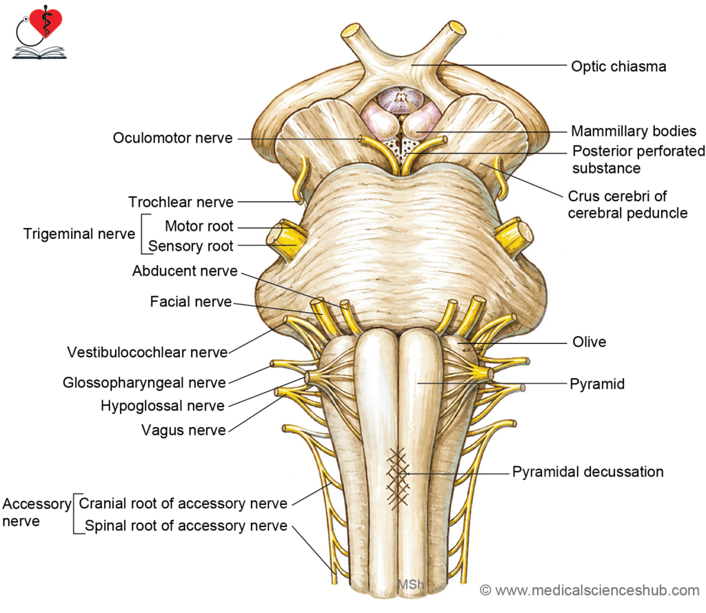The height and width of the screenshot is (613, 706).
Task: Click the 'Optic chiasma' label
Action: (618, 67)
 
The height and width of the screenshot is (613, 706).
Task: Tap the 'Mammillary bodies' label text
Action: (634, 132)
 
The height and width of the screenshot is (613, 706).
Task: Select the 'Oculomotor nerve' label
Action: (172, 138)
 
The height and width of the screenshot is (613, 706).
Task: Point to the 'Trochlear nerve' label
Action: (181, 202)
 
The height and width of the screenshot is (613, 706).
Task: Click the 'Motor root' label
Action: (199, 226)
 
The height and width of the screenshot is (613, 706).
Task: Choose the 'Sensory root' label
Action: (190, 246)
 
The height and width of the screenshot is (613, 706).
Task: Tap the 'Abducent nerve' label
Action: (185, 271)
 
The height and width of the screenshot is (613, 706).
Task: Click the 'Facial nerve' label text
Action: (190, 301)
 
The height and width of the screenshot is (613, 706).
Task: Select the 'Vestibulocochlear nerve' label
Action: (148, 352)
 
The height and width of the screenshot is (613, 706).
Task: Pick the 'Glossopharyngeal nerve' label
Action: (144, 383)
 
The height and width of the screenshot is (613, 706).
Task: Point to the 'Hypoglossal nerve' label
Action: (162, 406)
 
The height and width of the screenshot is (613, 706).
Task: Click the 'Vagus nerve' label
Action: (183, 430)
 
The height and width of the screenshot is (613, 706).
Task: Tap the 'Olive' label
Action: (589, 342)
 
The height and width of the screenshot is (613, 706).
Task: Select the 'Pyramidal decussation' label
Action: (587, 472)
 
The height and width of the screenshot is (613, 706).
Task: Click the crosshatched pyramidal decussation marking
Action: (398, 479)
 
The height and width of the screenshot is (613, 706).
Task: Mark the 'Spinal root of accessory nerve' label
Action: (186, 526)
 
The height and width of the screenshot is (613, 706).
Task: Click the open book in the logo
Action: (39, 53)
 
